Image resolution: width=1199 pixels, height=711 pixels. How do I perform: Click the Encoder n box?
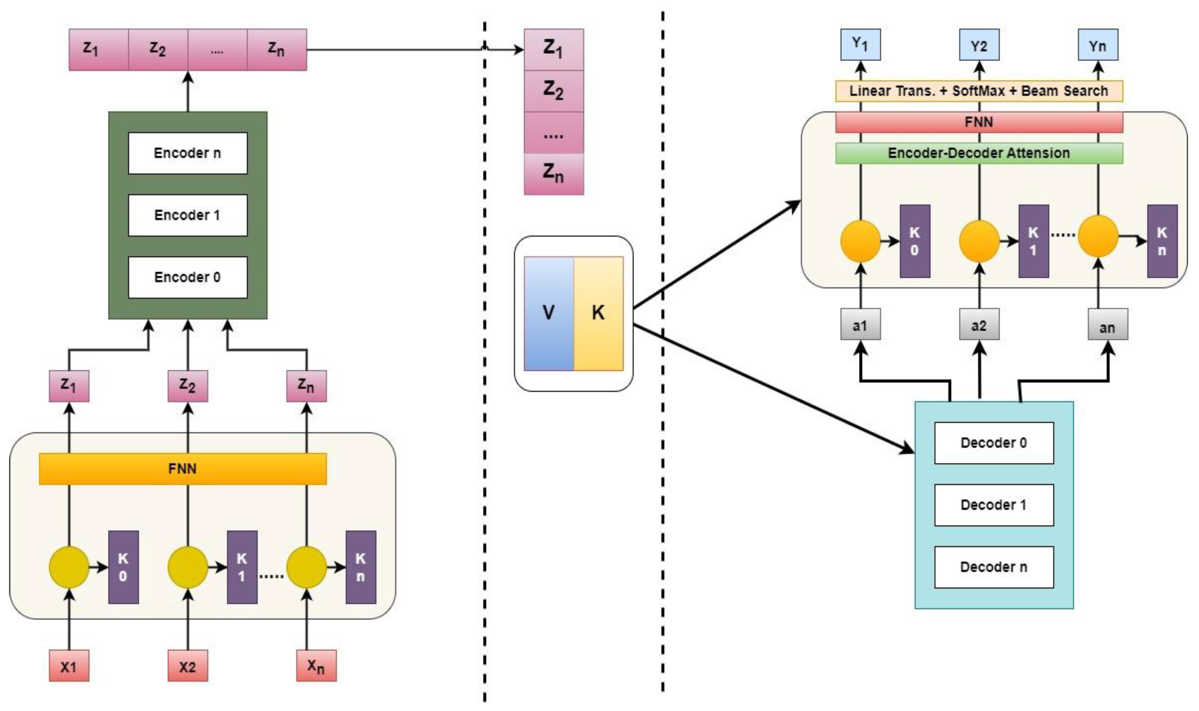(187, 153)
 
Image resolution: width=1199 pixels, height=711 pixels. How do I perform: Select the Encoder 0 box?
(187, 277)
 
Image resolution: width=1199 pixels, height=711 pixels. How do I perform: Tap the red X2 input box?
(187, 666)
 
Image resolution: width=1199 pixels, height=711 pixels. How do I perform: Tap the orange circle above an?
(1098, 236)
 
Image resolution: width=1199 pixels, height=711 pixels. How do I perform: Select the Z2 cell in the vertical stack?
(553, 91)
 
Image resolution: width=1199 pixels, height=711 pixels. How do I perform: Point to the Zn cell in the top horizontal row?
(277, 49)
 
